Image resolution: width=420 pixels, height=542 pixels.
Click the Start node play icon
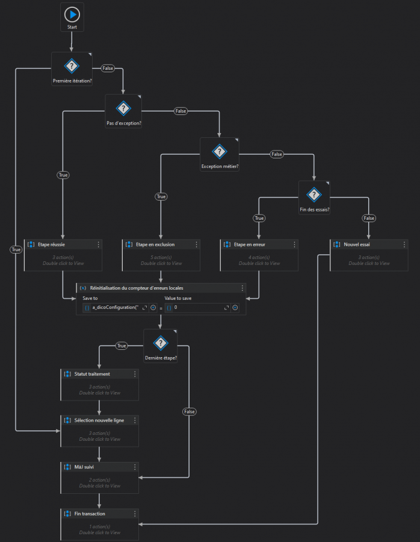click(x=72, y=14)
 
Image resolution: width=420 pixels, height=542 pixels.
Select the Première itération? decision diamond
click(x=72, y=66)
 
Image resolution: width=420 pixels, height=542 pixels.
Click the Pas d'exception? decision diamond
click(x=123, y=108)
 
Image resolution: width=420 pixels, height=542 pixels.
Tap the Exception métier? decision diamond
click(x=220, y=152)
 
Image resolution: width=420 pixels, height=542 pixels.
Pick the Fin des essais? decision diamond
click(x=314, y=195)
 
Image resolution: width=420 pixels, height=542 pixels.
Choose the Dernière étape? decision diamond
click(x=160, y=343)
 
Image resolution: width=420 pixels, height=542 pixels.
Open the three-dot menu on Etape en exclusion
click(x=197, y=245)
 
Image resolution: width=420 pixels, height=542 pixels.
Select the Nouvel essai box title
click(x=356, y=245)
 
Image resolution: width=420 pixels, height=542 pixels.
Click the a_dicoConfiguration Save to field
click(x=115, y=308)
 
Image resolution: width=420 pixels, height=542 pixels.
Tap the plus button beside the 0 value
click(x=235, y=308)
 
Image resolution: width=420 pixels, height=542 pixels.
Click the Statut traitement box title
click(x=91, y=374)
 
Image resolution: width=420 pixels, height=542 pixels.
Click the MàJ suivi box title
click(x=84, y=467)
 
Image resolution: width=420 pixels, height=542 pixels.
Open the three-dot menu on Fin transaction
click(x=135, y=513)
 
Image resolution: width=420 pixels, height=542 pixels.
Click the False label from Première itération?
click(x=108, y=68)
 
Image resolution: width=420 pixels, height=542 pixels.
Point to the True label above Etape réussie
click(x=63, y=175)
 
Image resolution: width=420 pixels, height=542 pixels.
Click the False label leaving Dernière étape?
click(x=190, y=411)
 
